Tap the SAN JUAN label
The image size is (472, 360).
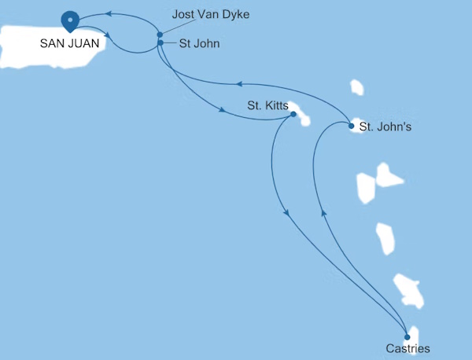click(x=69, y=44)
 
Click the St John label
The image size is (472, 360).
click(x=199, y=44)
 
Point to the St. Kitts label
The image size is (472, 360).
click(x=267, y=105)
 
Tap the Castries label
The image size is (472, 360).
click(x=408, y=347)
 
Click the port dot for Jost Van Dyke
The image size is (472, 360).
click(x=160, y=35)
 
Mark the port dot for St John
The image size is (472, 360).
click(x=160, y=43)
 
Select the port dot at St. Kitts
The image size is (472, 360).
click(x=293, y=115)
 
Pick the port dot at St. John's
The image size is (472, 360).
click(x=351, y=124)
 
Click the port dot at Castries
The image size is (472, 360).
click(x=407, y=336)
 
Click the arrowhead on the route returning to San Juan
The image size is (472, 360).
click(x=109, y=13)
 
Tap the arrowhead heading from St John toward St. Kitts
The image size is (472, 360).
click(x=223, y=111)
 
